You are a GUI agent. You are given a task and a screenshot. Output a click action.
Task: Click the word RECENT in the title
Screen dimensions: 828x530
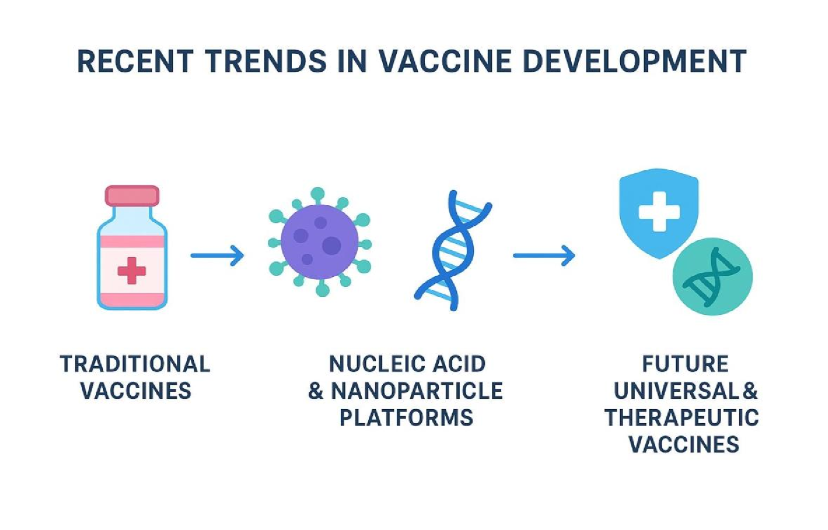tap(135, 61)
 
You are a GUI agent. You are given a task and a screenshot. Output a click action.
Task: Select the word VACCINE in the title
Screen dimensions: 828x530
tap(445, 61)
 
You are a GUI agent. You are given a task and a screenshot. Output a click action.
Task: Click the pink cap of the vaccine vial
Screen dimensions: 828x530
tap(132, 195)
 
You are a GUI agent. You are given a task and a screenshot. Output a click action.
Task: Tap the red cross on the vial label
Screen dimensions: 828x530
tap(132, 270)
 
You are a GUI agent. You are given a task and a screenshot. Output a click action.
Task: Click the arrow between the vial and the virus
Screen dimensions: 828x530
tap(218, 255)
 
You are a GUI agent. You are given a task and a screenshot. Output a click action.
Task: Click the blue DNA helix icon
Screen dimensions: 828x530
tap(453, 250)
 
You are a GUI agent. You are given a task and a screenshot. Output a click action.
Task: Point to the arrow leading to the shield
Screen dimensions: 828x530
tap(544, 255)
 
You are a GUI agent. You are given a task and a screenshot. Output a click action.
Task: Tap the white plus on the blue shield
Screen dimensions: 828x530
tap(659, 211)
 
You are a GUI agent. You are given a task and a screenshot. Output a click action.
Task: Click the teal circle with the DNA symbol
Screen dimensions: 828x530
tap(712, 277)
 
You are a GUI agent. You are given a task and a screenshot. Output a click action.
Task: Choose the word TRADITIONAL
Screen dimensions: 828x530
tap(135, 364)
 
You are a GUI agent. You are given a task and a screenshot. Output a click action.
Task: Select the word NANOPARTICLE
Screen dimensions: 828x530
tap(417, 391)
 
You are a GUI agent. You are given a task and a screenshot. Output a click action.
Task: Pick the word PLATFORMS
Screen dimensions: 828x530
tap(407, 418)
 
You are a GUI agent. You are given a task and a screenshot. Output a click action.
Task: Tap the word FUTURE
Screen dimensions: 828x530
tap(685, 364)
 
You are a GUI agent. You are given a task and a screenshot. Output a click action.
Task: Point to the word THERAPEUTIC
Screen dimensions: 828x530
tap(682, 418)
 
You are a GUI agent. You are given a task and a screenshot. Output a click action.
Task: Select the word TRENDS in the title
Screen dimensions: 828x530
tap(265, 61)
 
